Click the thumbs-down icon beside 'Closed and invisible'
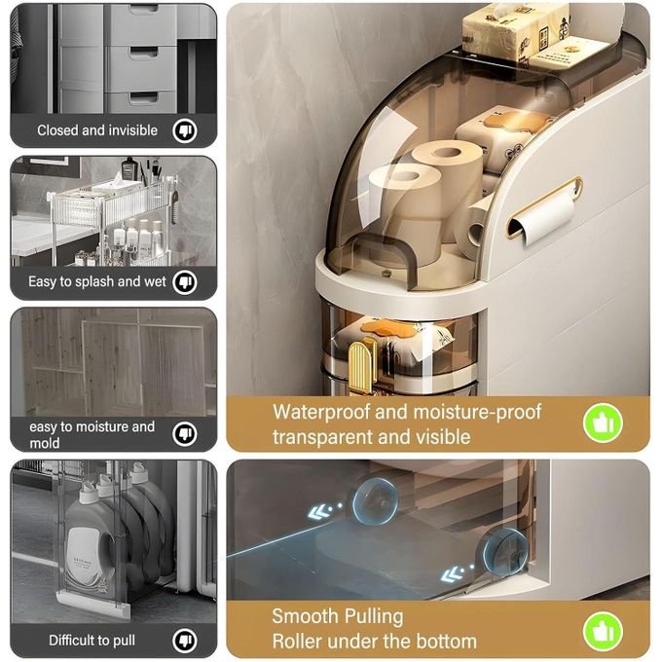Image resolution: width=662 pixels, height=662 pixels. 185,130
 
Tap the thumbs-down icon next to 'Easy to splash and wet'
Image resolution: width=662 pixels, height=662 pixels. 185,281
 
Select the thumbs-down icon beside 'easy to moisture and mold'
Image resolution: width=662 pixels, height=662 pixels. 185,433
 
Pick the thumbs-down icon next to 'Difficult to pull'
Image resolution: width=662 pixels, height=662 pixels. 185,640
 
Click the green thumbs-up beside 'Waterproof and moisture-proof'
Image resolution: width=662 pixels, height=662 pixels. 603,423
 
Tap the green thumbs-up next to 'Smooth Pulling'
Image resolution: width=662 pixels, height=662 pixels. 603,632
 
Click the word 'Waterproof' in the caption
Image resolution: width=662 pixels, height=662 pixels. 321,412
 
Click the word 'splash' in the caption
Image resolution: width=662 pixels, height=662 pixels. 94,282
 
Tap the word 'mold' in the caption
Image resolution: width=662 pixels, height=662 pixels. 45,443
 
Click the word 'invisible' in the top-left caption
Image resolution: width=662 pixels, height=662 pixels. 132,130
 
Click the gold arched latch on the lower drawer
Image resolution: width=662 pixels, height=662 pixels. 362,366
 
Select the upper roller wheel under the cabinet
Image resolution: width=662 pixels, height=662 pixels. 375,501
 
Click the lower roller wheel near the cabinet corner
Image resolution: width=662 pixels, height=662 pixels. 504,550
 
